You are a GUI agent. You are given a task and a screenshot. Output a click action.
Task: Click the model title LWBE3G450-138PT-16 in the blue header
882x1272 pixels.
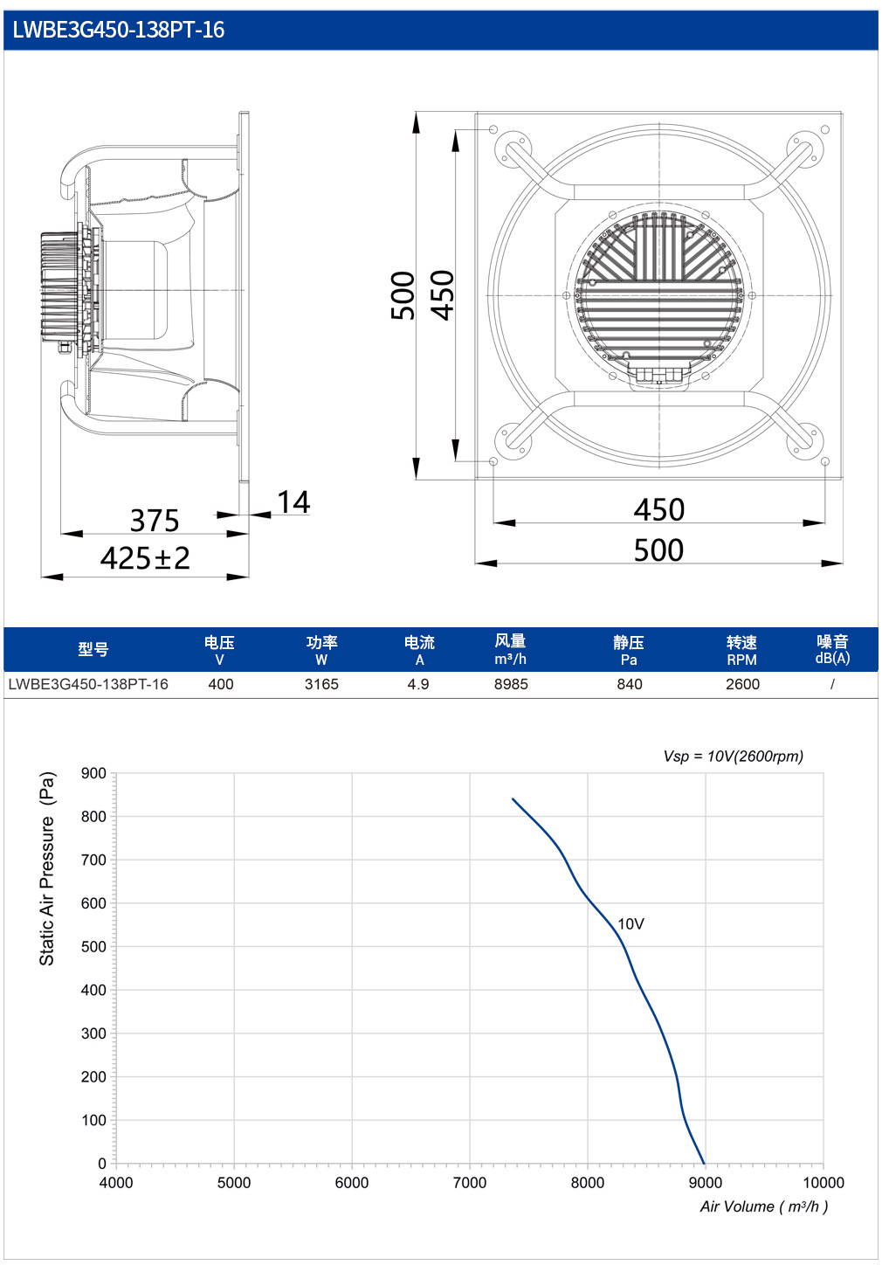(119, 30)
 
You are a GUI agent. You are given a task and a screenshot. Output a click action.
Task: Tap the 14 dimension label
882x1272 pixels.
(293, 502)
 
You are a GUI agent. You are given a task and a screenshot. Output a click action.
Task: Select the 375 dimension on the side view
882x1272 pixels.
(155, 520)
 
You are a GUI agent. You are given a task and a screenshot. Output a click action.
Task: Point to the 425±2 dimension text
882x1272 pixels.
(145, 558)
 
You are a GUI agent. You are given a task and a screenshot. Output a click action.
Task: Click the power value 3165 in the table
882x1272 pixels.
(321, 684)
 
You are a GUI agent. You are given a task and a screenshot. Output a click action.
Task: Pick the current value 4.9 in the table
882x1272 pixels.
(418, 684)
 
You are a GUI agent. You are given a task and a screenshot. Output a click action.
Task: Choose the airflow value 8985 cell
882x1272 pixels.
(511, 684)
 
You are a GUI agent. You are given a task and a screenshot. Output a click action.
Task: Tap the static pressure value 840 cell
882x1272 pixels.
(630, 684)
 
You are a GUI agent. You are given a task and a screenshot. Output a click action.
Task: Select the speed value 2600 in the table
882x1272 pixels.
(742, 684)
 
